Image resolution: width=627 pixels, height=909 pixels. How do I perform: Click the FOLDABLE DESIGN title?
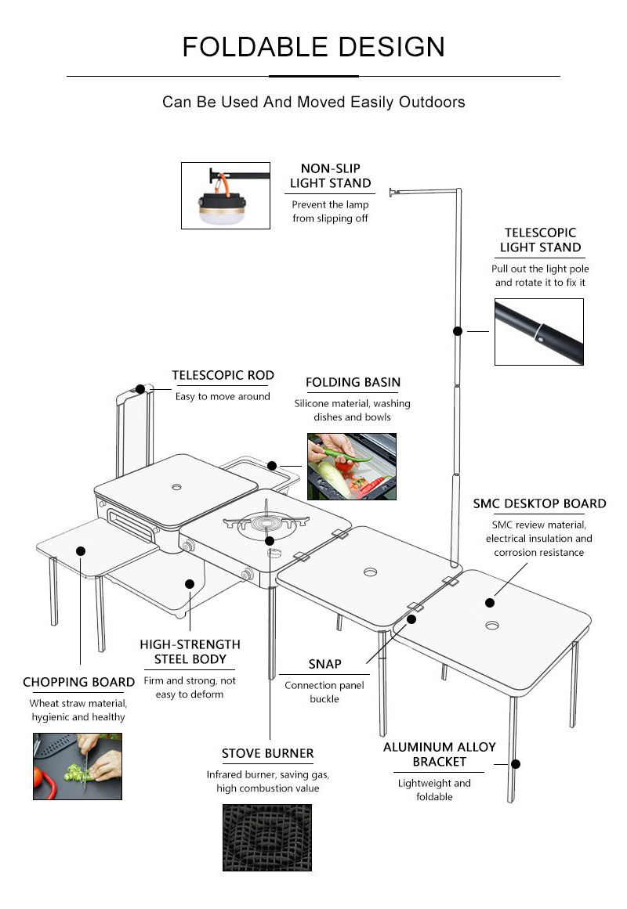[313, 47]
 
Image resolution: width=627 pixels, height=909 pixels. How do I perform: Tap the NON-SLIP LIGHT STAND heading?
[330, 176]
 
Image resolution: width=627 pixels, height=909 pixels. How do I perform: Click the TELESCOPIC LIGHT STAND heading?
[540, 240]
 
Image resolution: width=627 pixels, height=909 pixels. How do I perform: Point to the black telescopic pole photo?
[538, 332]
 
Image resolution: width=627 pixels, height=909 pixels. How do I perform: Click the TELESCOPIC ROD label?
[223, 376]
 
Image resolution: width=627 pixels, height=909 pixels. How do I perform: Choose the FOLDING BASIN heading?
[353, 383]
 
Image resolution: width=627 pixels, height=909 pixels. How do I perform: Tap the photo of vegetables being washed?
[351, 467]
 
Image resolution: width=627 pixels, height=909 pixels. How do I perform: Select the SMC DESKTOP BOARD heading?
[539, 503]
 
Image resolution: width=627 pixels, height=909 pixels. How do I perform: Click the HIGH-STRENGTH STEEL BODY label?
[190, 651]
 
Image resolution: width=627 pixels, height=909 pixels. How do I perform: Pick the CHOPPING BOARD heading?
[78, 683]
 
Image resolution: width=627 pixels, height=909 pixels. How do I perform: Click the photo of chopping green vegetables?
[78, 766]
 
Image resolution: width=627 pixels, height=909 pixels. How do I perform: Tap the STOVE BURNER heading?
[267, 754]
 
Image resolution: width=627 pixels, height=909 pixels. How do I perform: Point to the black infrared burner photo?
[266, 838]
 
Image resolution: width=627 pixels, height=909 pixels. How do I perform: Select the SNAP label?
[324, 664]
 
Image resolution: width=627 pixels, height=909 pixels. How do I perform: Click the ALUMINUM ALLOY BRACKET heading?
[439, 754]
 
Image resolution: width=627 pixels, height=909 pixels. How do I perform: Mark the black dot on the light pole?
[458, 331]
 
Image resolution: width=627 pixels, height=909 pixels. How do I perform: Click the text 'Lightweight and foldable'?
[434, 789]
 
